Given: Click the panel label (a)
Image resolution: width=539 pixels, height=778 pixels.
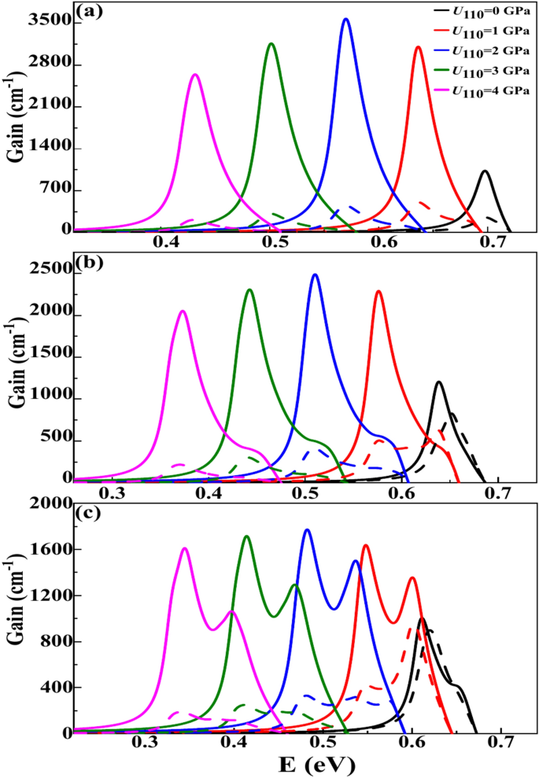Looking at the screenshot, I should coord(88,12).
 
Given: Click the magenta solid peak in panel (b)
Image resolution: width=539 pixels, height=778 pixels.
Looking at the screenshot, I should coord(183,311).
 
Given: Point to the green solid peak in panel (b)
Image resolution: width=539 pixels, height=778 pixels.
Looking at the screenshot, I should coord(249,289).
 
